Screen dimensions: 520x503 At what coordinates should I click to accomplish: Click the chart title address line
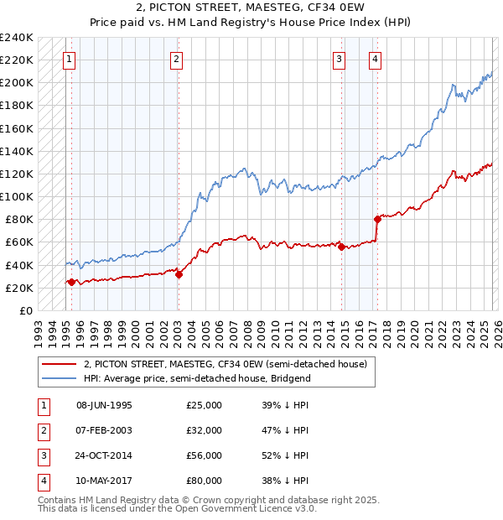point(251,8)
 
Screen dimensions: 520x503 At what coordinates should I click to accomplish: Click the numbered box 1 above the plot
point(68,59)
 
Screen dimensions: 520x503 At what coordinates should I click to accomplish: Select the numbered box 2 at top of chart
point(176,59)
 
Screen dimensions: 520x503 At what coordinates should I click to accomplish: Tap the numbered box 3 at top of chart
point(339,59)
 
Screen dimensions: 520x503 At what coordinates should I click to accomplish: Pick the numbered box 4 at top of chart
point(374,59)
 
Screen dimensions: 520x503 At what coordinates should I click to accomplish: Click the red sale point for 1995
point(71,283)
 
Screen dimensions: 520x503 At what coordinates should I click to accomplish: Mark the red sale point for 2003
point(179,274)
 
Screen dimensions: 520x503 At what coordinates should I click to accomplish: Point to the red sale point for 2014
point(341,247)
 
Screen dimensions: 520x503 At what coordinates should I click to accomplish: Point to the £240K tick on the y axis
point(17,38)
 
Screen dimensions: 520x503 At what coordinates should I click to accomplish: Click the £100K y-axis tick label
point(17,196)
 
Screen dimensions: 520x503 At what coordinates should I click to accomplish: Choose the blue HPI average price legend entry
point(197,378)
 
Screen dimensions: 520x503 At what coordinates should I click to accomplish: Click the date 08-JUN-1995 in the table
point(104,405)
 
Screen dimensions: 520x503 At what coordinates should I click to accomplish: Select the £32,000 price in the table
point(205,430)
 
